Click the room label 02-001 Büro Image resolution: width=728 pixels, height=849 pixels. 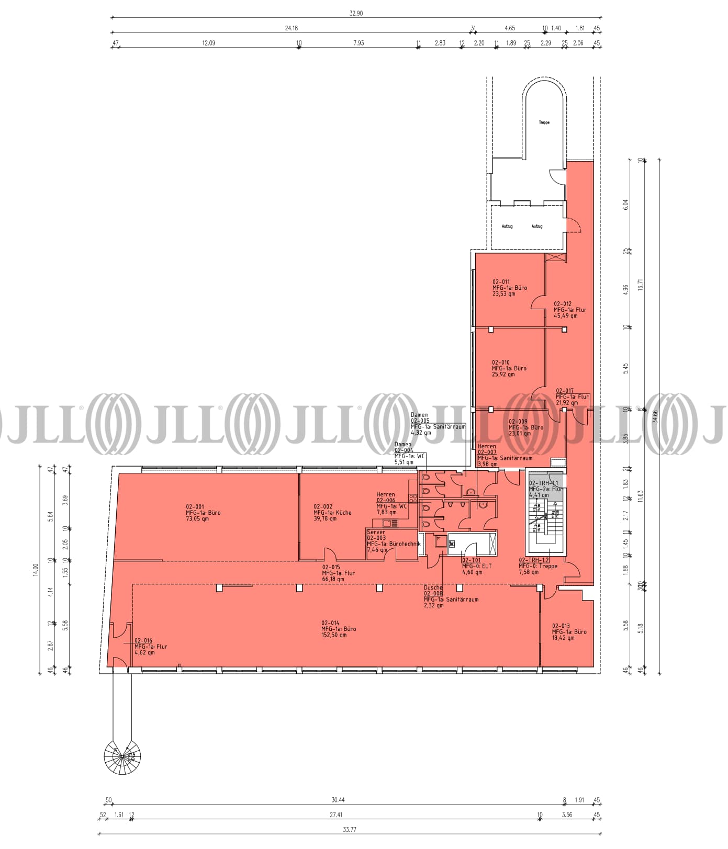(203, 513)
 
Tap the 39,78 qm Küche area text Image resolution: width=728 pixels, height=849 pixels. (325, 519)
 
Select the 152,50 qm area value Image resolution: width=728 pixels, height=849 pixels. (334, 636)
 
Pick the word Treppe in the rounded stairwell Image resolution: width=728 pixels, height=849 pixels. (544, 122)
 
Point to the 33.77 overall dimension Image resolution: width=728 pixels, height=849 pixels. (350, 830)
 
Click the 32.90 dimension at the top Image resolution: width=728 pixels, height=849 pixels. (356, 14)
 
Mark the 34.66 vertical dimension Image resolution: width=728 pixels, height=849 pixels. (655, 416)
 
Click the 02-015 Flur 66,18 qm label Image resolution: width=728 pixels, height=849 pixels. (338, 573)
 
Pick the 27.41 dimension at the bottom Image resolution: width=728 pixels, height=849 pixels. (335, 814)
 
